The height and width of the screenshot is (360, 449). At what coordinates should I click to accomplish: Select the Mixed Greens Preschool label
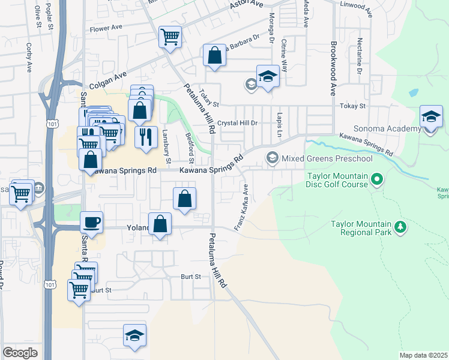(x=327, y=158)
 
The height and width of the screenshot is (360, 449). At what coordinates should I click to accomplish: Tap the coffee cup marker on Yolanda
(x=92, y=223)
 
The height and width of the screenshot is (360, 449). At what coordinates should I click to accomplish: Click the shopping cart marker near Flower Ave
(x=170, y=37)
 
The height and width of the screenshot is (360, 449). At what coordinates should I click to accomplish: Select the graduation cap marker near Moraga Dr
(x=268, y=76)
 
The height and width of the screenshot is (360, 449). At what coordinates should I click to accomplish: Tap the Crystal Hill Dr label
(x=237, y=122)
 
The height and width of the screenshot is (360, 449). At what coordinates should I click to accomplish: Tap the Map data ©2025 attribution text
(x=423, y=355)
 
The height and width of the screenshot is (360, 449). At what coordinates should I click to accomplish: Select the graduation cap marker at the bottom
(x=134, y=335)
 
